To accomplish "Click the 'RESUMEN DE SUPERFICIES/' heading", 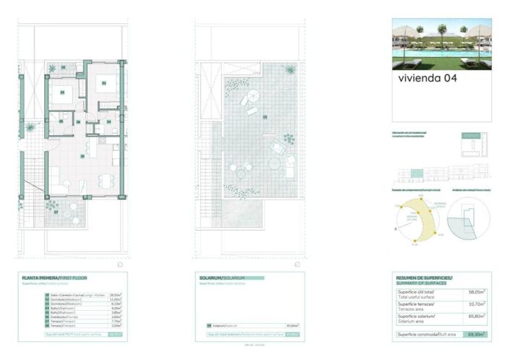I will tap(424, 278).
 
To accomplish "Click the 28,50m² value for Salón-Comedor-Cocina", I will tap(114, 295).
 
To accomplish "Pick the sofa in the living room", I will tap(55, 175).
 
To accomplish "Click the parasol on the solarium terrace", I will tap(248, 98).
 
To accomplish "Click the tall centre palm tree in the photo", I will tap(443, 33).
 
